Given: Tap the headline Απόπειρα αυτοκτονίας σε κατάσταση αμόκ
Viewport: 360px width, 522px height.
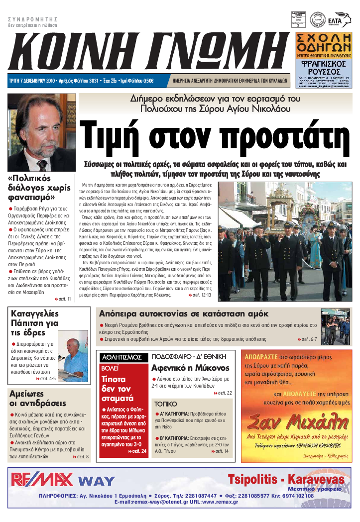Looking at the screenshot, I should click(184, 314).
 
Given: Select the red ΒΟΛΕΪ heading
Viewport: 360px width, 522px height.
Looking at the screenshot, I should click(111, 369).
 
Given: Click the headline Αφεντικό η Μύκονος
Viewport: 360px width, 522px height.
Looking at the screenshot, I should click(191, 368).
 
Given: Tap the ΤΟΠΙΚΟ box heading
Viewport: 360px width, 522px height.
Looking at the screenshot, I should click(165, 404).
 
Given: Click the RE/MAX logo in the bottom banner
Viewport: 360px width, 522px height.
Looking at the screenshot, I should click(42, 480).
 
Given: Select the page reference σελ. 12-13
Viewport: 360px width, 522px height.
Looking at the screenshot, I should click(199, 295).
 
